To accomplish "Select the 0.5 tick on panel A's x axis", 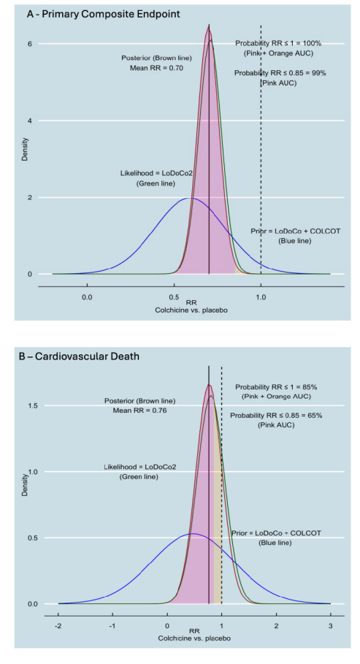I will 174,297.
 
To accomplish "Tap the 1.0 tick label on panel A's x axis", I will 261,297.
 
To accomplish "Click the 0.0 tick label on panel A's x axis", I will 87,297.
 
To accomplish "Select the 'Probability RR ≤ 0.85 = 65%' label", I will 276,415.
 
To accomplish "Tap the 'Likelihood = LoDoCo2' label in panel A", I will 152,173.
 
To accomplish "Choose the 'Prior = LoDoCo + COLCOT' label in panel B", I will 275,533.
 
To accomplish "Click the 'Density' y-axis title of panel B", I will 24,485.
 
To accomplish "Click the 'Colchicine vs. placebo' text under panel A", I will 191,310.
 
